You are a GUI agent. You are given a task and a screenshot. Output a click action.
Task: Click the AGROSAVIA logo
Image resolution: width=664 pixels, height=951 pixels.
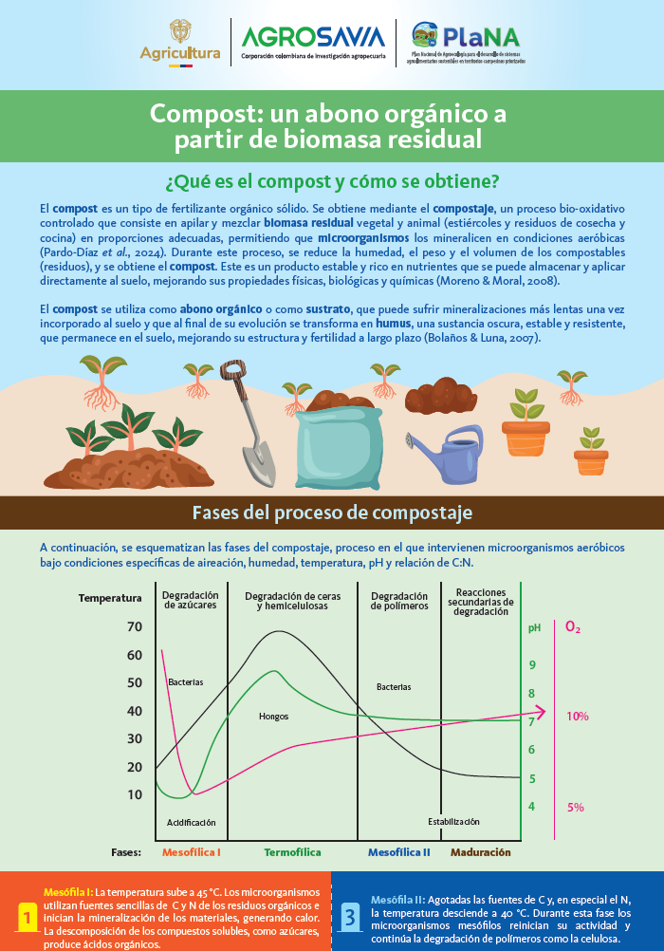tap(313, 43)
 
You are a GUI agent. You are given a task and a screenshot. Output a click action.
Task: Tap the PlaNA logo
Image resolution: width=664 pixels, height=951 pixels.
tap(469, 43)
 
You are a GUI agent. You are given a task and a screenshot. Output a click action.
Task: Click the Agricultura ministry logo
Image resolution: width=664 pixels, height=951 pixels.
tap(180, 44)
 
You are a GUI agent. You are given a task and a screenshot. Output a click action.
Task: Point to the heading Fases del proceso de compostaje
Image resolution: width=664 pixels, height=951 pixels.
tap(332, 513)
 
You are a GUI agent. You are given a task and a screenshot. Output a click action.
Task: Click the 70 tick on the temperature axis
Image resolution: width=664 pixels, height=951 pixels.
tap(134, 626)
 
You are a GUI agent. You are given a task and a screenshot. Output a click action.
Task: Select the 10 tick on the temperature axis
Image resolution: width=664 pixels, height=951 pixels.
tap(134, 794)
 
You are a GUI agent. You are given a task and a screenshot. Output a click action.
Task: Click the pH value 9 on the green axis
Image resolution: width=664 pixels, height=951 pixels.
tap(531, 665)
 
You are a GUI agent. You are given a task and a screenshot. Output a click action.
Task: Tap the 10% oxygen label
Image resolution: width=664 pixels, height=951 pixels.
tap(578, 717)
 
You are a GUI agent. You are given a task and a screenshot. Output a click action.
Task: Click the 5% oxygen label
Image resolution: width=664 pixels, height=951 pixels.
tap(575, 808)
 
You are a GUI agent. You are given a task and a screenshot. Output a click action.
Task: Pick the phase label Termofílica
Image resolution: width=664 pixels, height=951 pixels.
tap(292, 852)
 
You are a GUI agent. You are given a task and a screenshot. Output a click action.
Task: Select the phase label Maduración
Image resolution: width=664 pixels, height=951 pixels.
tap(480, 852)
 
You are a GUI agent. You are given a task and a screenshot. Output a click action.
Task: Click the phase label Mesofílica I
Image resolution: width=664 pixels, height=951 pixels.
tap(192, 852)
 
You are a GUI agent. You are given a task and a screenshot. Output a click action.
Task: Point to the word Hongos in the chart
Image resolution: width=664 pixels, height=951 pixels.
tap(273, 717)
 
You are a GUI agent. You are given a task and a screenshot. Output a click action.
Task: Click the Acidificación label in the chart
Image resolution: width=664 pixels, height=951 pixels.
tap(192, 822)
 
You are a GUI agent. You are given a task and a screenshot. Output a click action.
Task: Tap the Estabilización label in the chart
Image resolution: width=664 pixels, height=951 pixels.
tap(453, 821)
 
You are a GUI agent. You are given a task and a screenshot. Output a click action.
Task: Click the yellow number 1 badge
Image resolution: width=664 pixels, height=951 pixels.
tap(28, 919)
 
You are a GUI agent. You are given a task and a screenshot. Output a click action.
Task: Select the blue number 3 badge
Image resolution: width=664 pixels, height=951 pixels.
tap(350, 918)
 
